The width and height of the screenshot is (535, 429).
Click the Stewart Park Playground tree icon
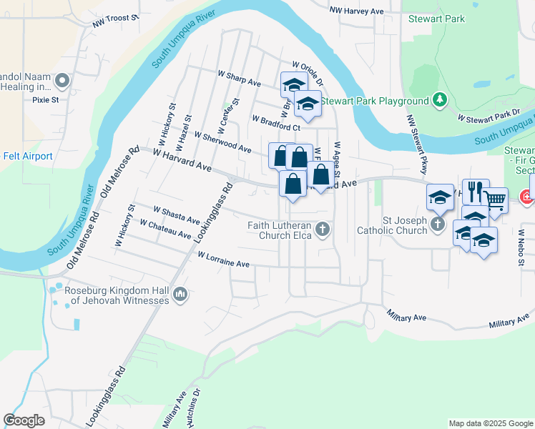tap(441, 101)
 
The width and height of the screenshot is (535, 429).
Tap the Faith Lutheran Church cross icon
tap(323, 230)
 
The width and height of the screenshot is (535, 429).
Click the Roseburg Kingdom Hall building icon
tap(180, 295)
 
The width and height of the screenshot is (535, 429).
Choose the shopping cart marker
tap(495, 199)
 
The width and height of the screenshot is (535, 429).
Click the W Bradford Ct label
tap(275, 122)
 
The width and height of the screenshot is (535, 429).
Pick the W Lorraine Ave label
tap(223, 260)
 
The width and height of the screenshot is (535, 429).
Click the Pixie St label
tap(46, 100)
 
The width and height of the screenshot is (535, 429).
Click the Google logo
tap(24, 420)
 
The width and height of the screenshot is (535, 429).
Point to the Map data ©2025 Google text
tap(490, 423)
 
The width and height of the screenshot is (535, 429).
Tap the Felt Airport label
tap(27, 156)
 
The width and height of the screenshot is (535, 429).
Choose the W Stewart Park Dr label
tap(489, 115)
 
